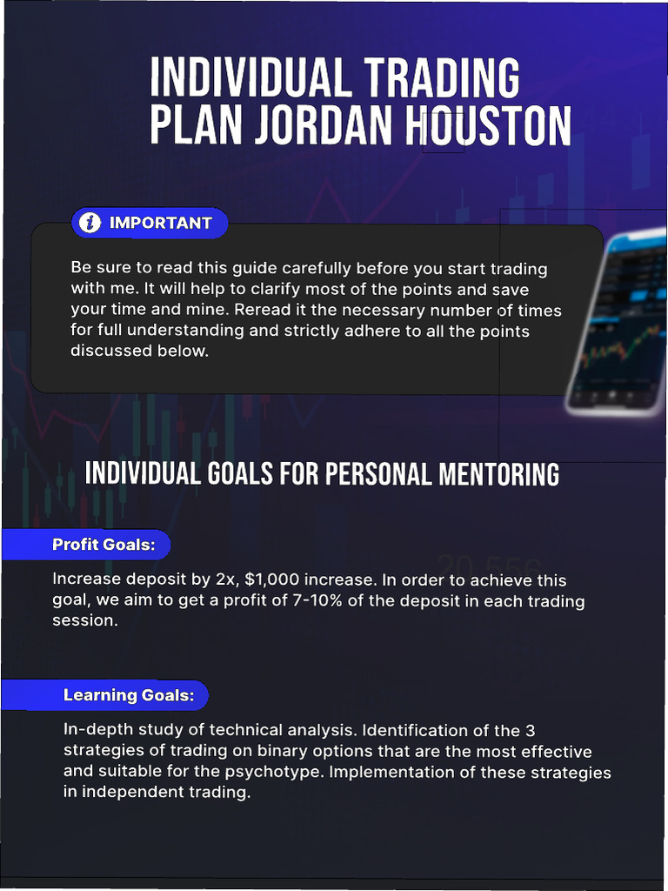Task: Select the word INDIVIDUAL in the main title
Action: [x=249, y=79]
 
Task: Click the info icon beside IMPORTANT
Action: [x=90, y=223]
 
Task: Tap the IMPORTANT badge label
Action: [x=161, y=223]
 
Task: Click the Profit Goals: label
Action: [x=104, y=545]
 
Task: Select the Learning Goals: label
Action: [x=135, y=695]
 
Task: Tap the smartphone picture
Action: [x=618, y=322]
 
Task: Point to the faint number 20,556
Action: [x=489, y=566]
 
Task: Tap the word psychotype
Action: [x=392, y=773]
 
